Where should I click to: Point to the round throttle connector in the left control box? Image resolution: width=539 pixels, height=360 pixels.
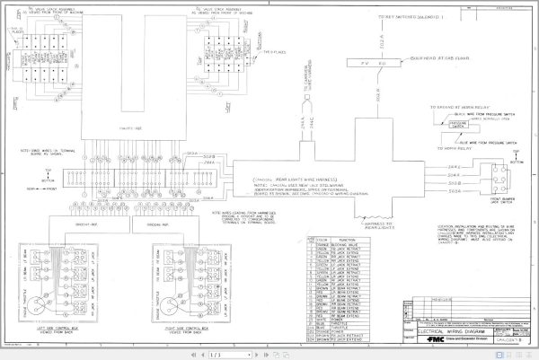coord(38,277)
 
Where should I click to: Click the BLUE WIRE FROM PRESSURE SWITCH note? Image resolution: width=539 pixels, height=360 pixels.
coord(481,143)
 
